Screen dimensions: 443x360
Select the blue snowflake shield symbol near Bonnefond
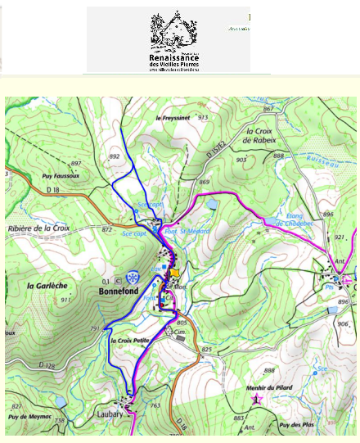133,278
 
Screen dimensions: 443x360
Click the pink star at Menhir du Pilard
257,399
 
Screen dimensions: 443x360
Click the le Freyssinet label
172,118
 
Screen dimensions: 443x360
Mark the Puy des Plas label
295,425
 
